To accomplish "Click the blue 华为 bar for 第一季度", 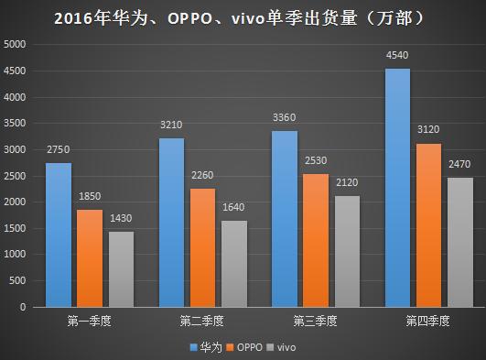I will [58, 235].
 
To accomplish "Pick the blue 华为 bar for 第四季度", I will [397, 187].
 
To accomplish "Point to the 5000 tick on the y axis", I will [16, 45].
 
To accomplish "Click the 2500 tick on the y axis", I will [16, 176].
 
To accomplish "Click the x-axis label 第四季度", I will [427, 322].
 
